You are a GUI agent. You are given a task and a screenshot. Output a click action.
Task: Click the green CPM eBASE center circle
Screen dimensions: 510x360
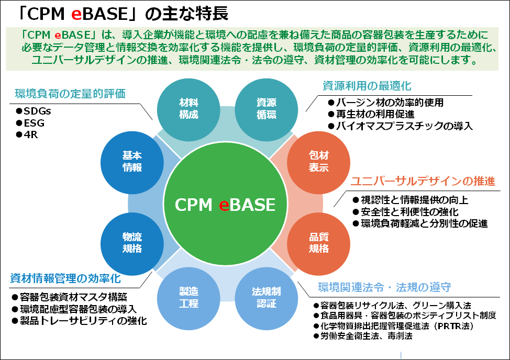point(225,204)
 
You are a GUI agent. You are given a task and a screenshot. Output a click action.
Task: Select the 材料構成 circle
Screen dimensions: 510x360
point(189,109)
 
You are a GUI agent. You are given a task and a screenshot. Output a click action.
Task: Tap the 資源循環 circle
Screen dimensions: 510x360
point(267,109)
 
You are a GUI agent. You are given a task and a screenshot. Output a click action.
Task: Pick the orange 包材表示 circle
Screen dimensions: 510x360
point(318,162)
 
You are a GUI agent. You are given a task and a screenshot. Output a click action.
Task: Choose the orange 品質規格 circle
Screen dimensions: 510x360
point(318,244)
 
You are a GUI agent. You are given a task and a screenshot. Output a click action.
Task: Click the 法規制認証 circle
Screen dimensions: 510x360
point(267,298)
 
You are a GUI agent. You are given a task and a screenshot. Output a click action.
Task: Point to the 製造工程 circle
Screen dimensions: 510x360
point(189,298)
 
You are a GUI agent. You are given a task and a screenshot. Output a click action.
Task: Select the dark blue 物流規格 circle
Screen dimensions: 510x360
point(132,244)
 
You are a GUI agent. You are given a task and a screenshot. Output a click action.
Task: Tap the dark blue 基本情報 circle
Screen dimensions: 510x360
point(132,162)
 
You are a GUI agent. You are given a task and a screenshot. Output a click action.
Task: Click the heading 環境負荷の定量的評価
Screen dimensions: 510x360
point(70,94)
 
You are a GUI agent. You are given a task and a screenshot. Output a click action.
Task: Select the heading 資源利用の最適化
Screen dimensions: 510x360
point(367,86)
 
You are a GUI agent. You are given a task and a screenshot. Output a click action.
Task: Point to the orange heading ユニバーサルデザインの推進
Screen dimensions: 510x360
point(423,181)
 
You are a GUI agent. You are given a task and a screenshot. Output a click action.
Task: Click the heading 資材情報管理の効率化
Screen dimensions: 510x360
point(65,278)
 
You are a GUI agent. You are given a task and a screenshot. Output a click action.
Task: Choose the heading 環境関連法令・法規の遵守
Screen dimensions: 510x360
point(384,287)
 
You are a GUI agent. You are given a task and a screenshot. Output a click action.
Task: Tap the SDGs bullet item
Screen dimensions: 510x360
point(34,111)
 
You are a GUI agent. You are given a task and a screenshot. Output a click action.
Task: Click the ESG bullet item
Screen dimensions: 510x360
point(30,123)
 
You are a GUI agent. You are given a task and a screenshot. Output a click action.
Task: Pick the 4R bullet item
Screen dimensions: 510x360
point(27,134)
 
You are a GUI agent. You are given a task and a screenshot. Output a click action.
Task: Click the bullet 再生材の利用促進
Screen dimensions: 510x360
point(371,114)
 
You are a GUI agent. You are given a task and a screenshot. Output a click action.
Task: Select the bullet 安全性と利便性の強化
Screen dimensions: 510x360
point(406,212)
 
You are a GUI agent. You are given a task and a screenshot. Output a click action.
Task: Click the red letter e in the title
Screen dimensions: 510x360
point(76,14)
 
